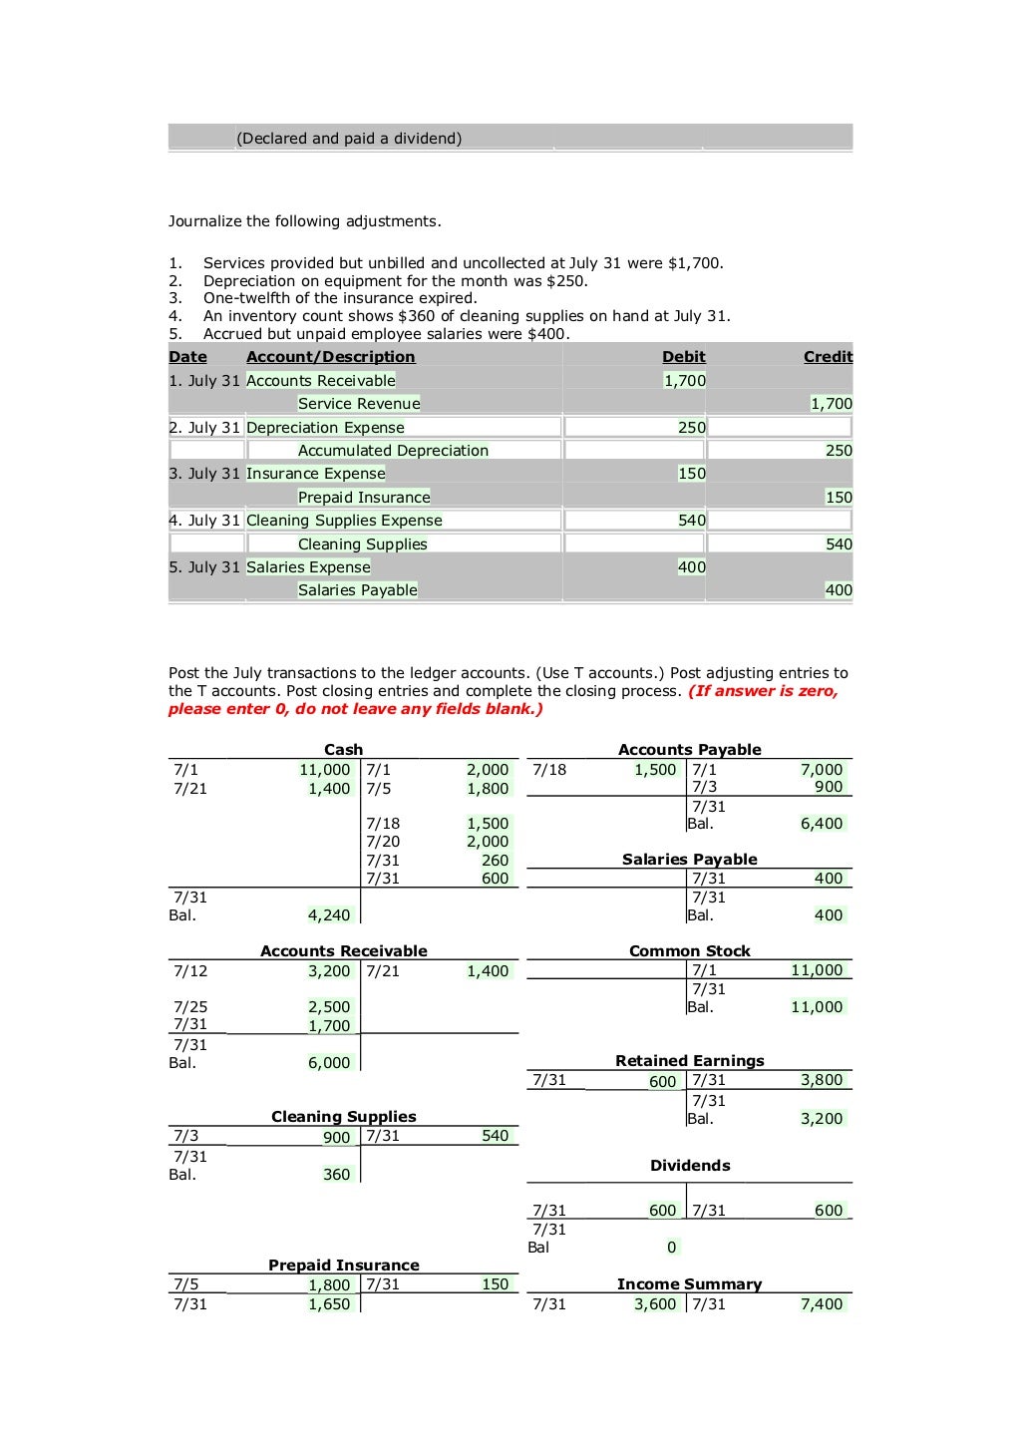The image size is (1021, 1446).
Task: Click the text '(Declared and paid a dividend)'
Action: (349, 139)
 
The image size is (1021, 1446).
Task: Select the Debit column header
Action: (683, 357)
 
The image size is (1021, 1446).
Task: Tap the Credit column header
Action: (828, 357)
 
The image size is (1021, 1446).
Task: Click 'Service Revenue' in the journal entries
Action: (359, 404)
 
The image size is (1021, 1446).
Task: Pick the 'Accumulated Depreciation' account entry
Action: (393, 451)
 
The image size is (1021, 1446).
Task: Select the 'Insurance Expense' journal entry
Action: (315, 474)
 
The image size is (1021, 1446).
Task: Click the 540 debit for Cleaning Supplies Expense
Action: (691, 521)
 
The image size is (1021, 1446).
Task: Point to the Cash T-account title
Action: (343, 750)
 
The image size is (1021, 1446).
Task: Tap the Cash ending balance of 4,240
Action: (329, 915)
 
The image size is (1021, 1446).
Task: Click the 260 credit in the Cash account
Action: (495, 861)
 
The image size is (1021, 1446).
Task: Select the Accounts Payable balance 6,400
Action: (822, 824)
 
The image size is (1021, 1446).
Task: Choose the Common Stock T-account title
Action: (689, 951)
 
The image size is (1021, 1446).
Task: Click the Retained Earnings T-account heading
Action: (689, 1061)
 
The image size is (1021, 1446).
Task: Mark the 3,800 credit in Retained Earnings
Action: (822, 1080)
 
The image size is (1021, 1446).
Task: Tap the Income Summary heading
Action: (689, 1284)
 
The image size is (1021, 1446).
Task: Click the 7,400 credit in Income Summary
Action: (822, 1304)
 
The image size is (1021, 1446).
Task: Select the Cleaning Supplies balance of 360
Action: (336, 1175)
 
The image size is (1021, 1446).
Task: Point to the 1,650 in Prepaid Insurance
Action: (329, 1304)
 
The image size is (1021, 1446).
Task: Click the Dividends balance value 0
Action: (671, 1248)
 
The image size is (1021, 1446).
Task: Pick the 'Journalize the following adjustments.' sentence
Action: (304, 221)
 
